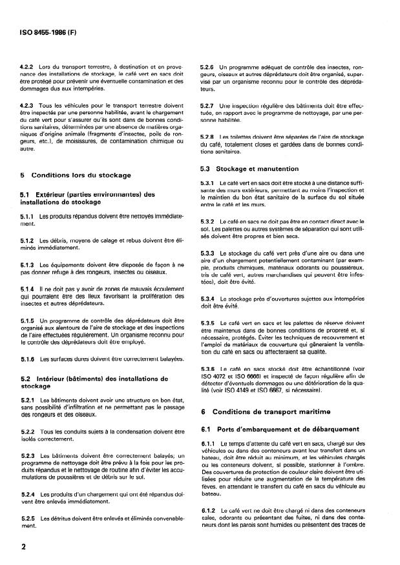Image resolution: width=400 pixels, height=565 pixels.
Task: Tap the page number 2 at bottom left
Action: click(23, 546)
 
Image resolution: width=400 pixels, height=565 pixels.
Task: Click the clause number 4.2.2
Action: click(27, 66)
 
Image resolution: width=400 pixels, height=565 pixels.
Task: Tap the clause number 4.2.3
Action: click(27, 104)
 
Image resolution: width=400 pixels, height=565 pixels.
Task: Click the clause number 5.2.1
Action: click(27, 401)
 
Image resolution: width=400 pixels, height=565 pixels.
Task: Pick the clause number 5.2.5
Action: click(27, 518)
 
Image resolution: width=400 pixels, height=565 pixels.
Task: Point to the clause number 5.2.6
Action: click(207, 66)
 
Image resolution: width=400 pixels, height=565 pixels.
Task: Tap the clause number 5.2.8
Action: click(207, 136)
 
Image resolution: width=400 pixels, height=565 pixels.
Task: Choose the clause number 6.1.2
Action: click(207, 511)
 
